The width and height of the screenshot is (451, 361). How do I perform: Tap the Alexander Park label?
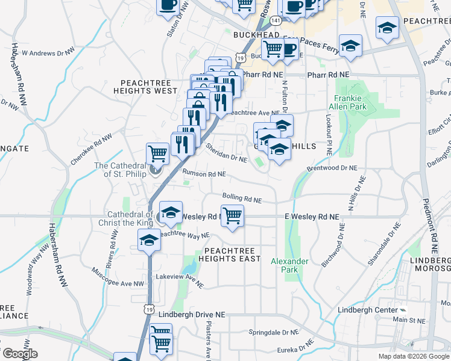(289, 265)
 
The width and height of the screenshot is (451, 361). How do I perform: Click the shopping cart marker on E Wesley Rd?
(232, 215)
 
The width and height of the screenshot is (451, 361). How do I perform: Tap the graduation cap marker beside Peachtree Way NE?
(149, 241)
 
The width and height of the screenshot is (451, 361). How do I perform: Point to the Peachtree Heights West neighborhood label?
(149, 87)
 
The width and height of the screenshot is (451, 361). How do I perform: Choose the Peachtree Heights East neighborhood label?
(232, 254)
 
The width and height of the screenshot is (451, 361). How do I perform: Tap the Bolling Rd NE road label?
(242, 197)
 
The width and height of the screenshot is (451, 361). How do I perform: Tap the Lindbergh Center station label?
(376, 310)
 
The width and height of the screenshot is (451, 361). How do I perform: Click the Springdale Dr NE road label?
(274, 332)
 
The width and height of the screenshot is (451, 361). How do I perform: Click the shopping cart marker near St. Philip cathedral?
(158, 153)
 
